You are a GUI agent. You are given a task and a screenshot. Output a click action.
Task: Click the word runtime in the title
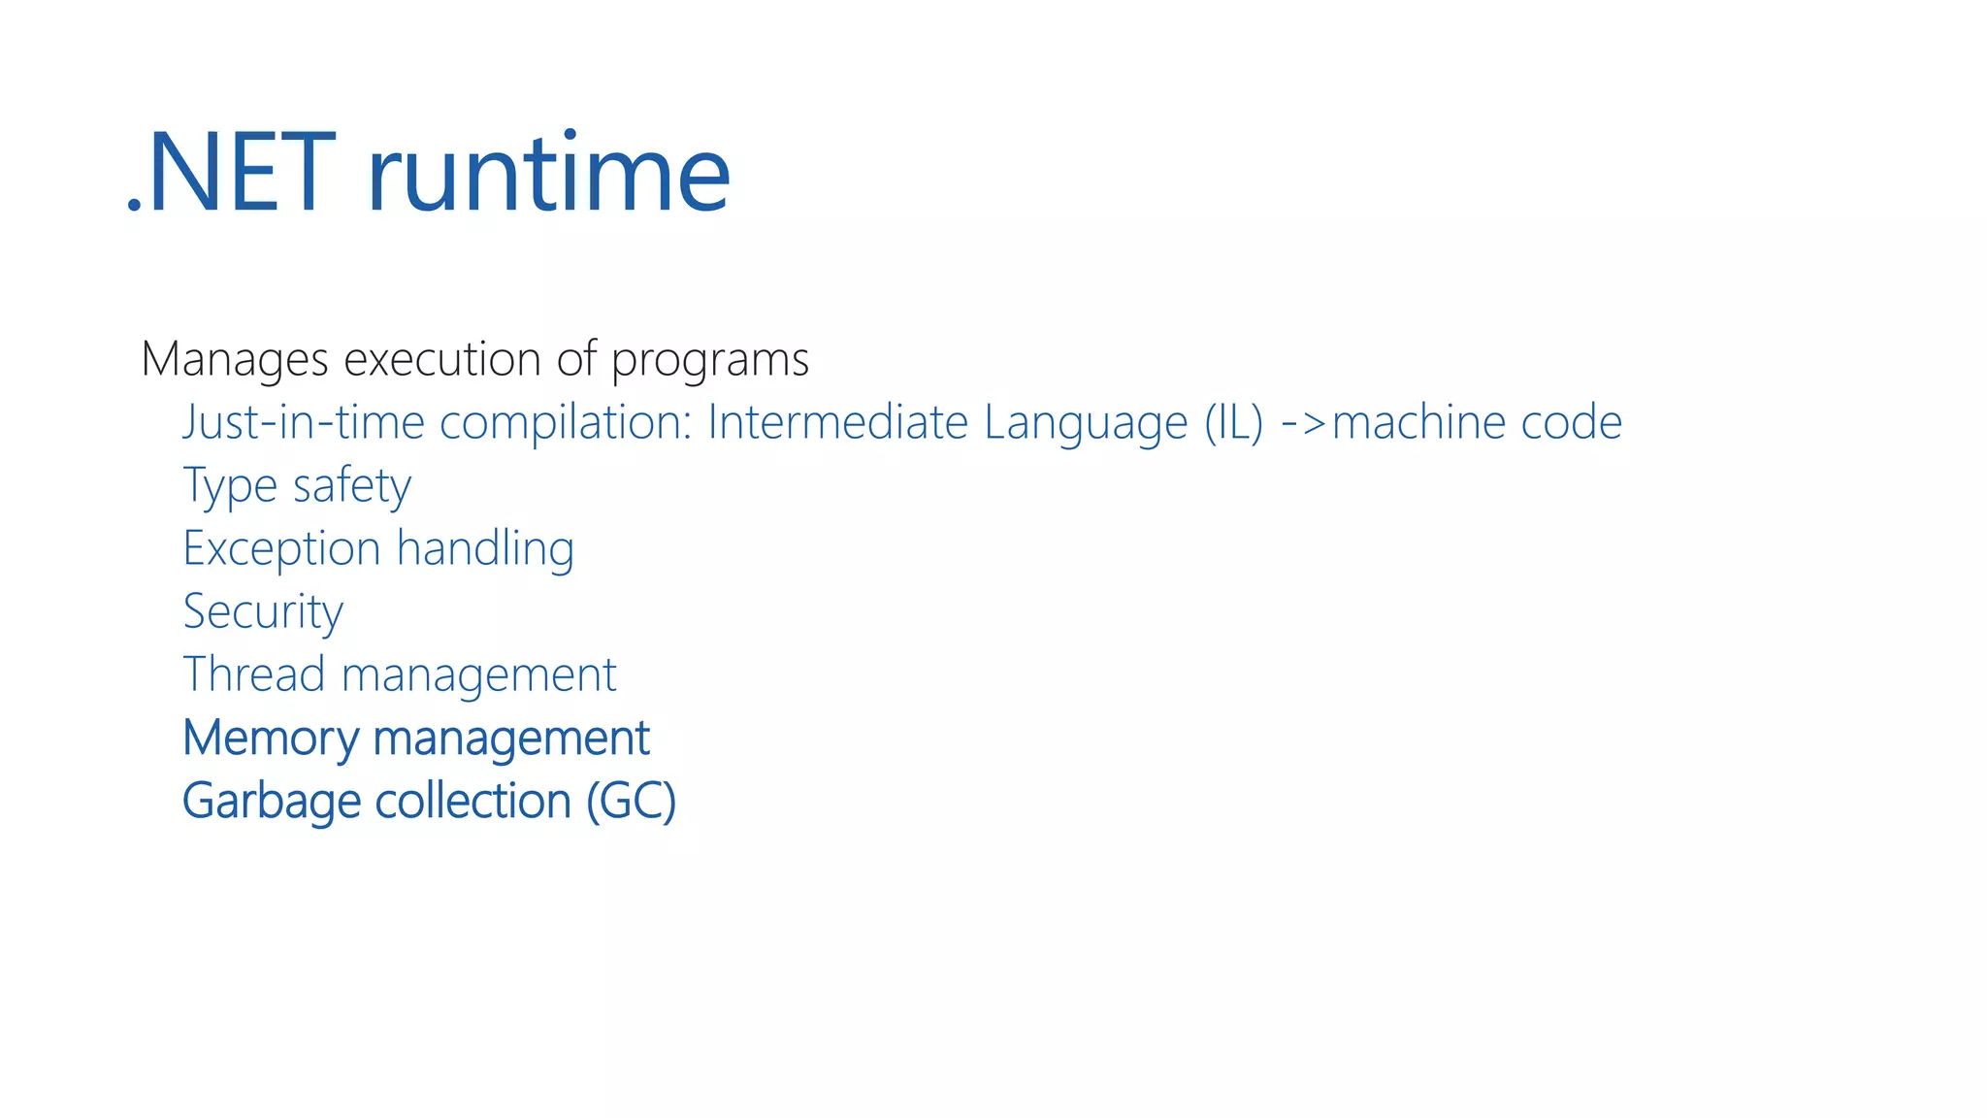click(x=548, y=175)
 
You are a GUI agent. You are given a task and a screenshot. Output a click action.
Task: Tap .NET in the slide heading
click(x=231, y=175)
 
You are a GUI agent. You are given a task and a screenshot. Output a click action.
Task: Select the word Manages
click(x=235, y=360)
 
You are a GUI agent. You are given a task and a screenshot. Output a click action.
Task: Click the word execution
click(x=441, y=360)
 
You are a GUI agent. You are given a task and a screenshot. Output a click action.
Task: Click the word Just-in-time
click(x=304, y=423)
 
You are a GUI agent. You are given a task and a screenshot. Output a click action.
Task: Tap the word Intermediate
click(x=837, y=423)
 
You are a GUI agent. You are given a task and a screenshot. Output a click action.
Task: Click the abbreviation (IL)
click(x=1234, y=423)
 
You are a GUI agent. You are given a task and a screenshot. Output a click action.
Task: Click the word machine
click(x=1417, y=423)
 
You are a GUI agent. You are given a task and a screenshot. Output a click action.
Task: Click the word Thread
click(x=253, y=674)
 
